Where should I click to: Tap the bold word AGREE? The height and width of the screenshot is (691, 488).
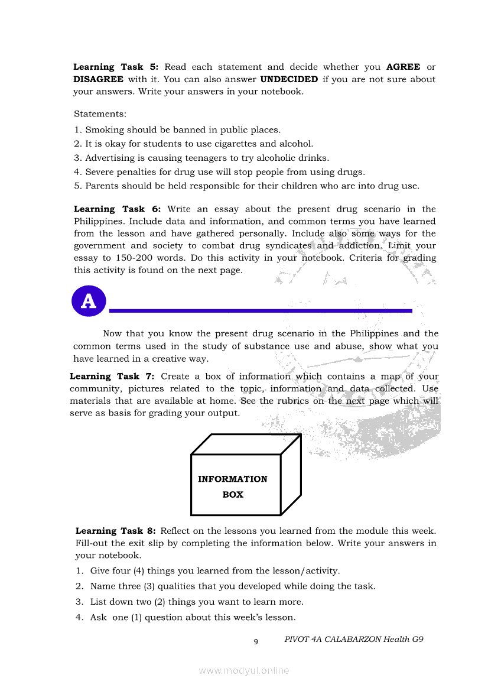pyautogui.click(x=403, y=67)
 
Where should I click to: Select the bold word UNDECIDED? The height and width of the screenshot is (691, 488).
pyautogui.click(x=289, y=79)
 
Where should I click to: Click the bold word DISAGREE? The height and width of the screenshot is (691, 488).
pyautogui.click(x=98, y=79)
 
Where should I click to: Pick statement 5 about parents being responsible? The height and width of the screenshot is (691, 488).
pyautogui.click(x=246, y=186)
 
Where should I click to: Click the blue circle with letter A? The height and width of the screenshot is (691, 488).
pyautogui.click(x=89, y=301)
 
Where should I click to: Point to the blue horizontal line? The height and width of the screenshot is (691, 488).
pyautogui.click(x=261, y=310)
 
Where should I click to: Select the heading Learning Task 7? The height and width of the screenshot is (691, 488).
pyautogui.click(x=112, y=377)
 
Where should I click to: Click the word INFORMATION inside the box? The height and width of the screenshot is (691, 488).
pyautogui.click(x=233, y=479)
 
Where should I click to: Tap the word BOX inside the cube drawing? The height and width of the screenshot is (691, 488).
pyautogui.click(x=233, y=495)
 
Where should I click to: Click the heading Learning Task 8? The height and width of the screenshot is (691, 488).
pyautogui.click(x=116, y=531)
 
